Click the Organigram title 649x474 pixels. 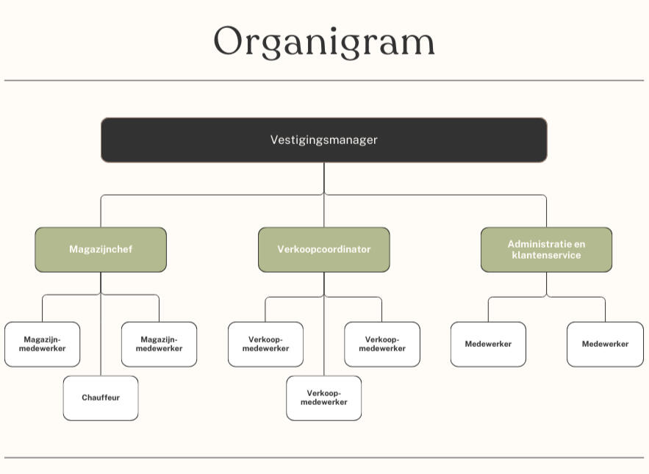324,41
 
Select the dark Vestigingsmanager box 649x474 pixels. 324,140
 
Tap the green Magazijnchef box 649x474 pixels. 101,249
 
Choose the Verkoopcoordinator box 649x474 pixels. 324,249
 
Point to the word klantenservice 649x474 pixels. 546,255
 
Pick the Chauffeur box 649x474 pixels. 101,398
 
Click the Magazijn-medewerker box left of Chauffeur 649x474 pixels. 42,344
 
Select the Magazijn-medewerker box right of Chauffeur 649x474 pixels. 159,344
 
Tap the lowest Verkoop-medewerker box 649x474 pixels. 324,398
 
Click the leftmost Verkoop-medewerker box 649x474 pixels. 265,344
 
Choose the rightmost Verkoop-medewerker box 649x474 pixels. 382,344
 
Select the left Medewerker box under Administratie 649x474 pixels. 488,344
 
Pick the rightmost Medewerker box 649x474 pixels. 605,344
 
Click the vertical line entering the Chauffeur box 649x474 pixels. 101,338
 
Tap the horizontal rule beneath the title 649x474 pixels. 324,80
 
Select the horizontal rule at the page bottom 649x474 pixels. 324,457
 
